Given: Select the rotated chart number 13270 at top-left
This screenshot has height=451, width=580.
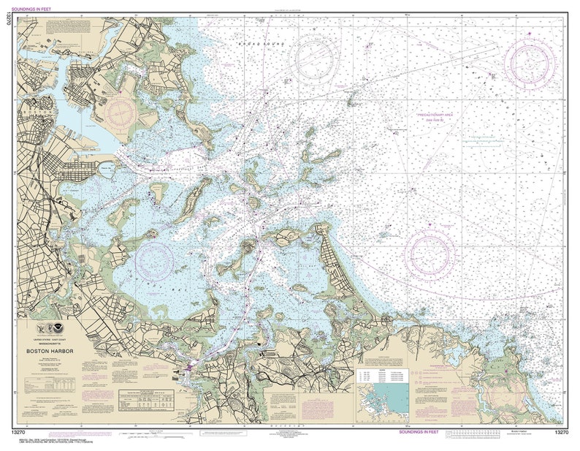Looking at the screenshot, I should click(7, 21).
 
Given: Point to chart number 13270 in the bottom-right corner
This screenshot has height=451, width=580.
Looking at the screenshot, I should click(561, 433).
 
